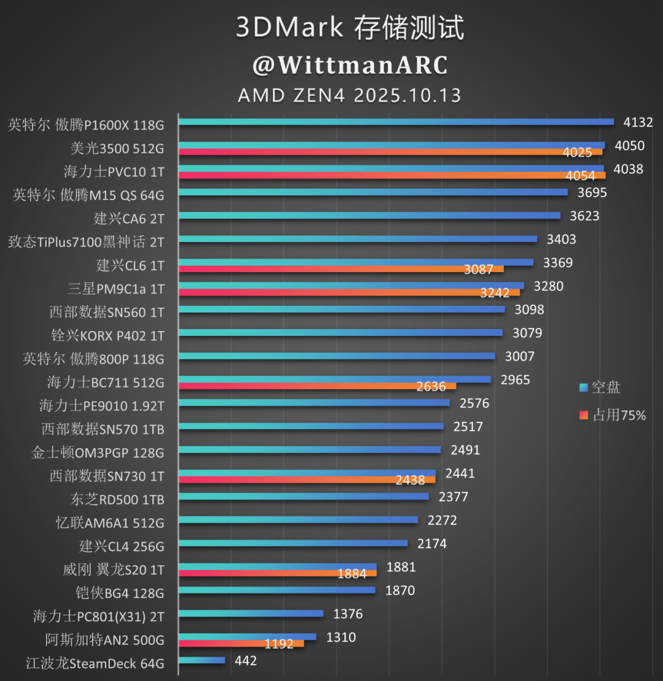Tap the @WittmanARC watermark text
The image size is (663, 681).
click(x=349, y=65)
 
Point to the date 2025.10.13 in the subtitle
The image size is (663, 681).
click(x=407, y=96)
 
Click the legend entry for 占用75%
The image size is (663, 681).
click(x=612, y=416)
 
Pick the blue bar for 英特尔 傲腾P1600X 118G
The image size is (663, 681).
click(x=396, y=122)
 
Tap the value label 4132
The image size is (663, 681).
click(x=638, y=122)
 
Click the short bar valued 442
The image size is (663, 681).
click(x=202, y=660)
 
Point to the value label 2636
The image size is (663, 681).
click(x=431, y=386)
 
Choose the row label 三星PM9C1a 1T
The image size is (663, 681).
click(x=115, y=289)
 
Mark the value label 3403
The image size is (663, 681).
click(x=561, y=239)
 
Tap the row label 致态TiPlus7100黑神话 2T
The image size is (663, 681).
click(x=86, y=242)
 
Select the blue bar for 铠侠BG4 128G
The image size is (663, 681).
click(x=277, y=590)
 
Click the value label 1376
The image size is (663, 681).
click(x=348, y=614)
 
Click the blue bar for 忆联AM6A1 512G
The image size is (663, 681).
click(x=298, y=520)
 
